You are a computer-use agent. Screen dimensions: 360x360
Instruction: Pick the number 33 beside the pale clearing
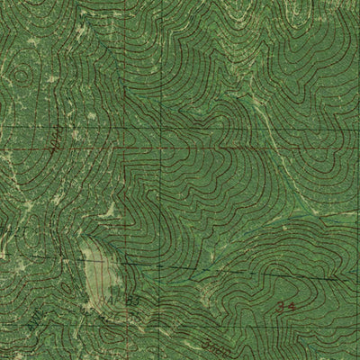(132, 298)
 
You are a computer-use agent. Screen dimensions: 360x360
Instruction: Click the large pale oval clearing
(98, 270)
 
